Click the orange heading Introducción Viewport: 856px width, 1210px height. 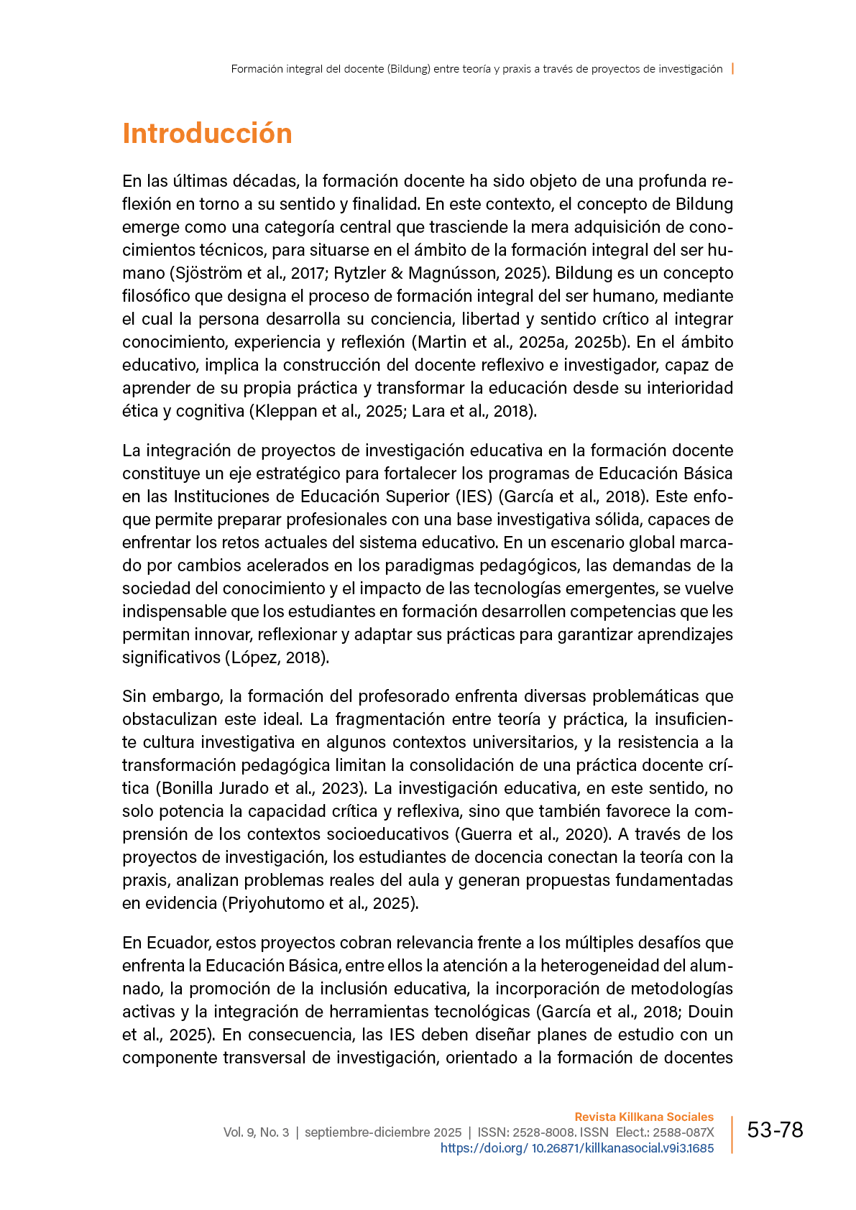click(x=207, y=134)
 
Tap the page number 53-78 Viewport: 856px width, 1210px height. click(x=775, y=1130)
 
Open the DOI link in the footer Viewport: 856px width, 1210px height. click(x=577, y=1148)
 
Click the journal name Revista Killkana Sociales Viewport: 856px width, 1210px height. click(x=644, y=1117)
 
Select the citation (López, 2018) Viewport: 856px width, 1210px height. click(x=277, y=657)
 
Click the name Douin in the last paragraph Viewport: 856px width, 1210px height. click(x=711, y=1012)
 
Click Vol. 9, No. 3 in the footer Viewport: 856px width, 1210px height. click(x=256, y=1132)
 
